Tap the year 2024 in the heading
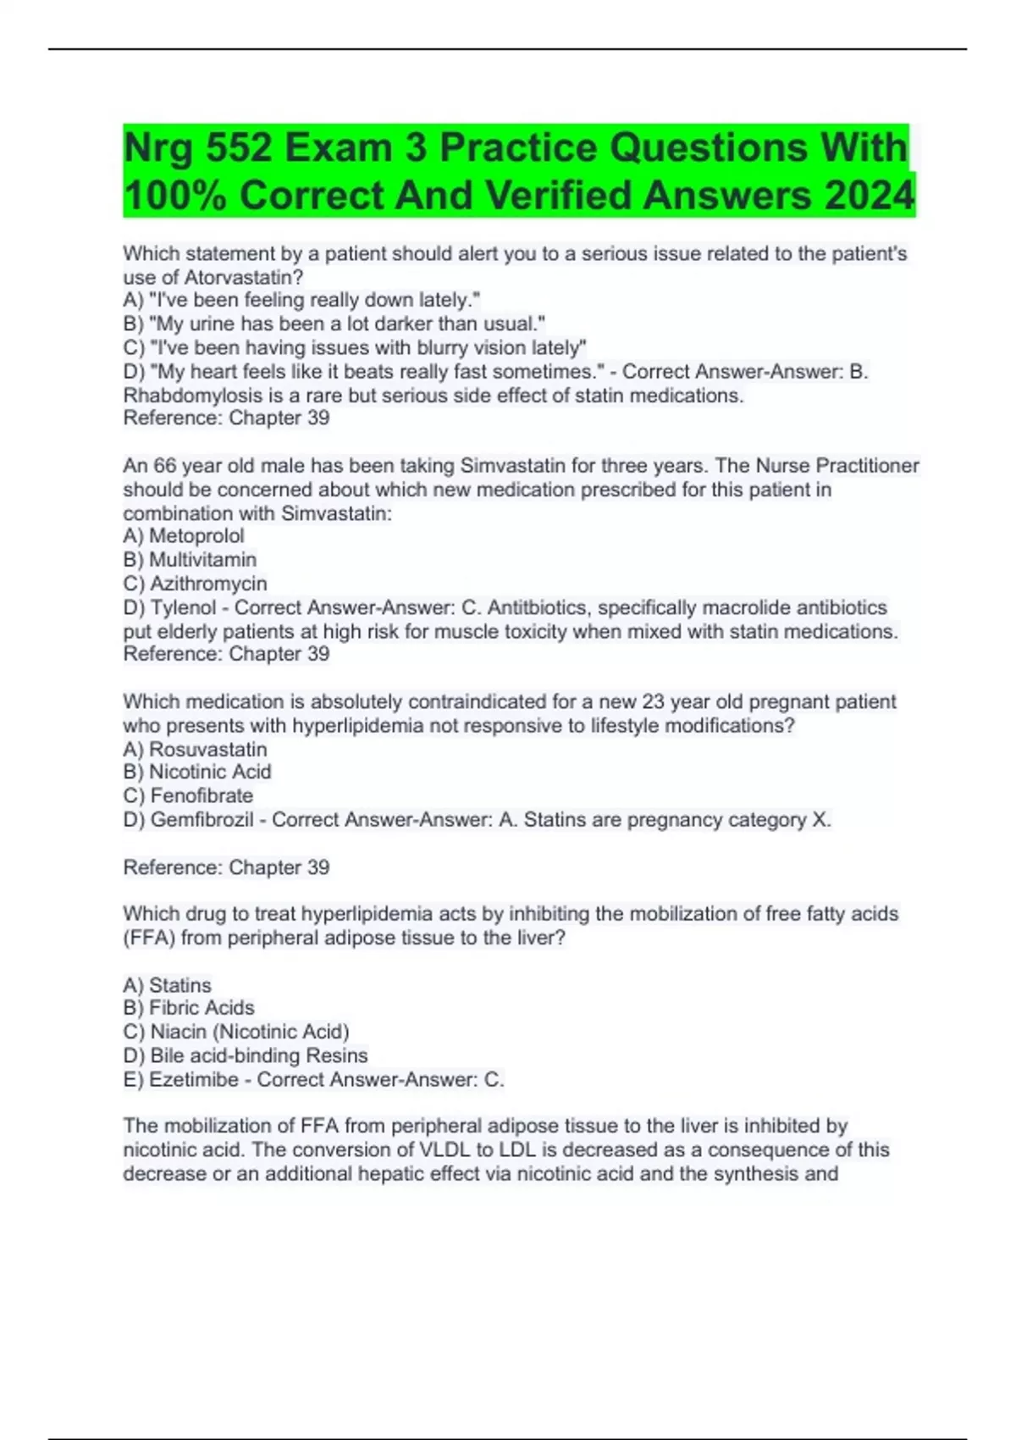coord(870,196)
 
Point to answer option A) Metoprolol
coord(184,536)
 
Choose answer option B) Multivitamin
coord(190,560)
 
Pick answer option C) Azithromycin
coord(195,584)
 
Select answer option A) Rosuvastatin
coord(195,750)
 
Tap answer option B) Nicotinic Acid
coord(197,772)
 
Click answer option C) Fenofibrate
coord(188,795)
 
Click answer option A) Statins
coord(167,985)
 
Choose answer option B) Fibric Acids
coord(188,1008)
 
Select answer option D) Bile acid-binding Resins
coord(246,1055)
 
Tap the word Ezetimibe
coord(194,1080)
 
